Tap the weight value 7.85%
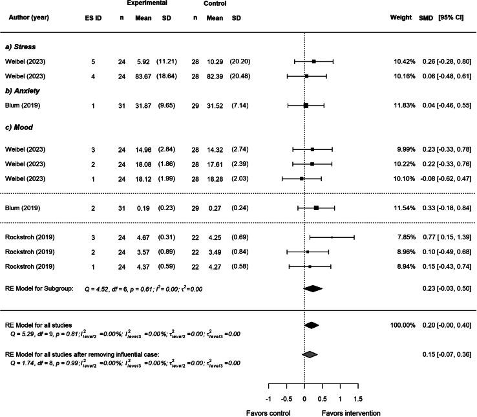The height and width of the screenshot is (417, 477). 403,238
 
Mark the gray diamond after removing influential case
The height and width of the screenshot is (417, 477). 310,354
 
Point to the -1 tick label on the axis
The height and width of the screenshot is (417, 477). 268,398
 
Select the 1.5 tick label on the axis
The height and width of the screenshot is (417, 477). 358,398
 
